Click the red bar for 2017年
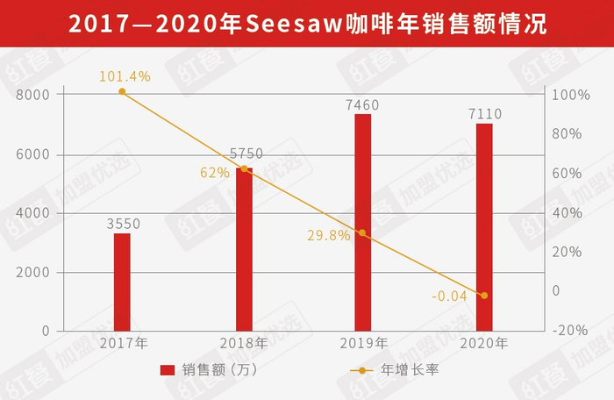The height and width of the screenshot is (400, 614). point(122,282)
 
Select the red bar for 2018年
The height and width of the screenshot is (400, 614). point(243,250)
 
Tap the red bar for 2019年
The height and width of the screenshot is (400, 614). point(362,223)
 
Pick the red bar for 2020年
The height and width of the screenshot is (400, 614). point(484,227)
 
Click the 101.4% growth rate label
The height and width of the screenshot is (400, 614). point(125,76)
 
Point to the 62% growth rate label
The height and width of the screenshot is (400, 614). point(214,173)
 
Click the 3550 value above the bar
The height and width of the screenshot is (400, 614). point(123,224)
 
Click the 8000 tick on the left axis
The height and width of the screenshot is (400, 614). point(33,95)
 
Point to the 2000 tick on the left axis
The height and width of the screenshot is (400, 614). point(33,273)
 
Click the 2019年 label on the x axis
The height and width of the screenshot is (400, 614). point(361,343)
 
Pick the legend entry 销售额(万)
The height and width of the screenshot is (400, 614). point(208,370)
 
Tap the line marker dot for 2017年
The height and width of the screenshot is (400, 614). point(122,92)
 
